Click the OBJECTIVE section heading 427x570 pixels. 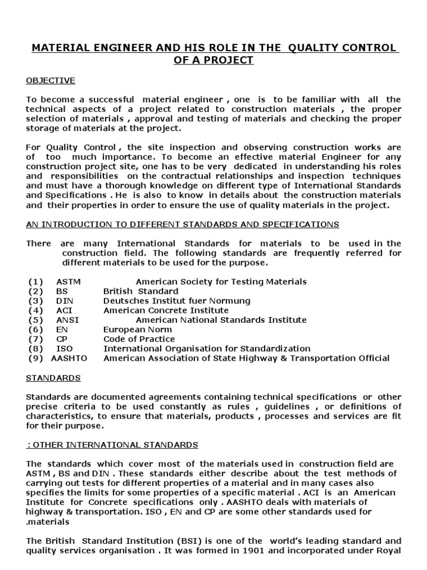(x=50, y=81)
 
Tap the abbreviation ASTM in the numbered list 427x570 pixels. (x=68, y=282)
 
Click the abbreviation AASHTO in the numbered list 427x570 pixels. (x=69, y=358)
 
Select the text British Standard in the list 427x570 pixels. (x=141, y=292)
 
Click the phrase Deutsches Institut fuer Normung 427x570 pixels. (x=177, y=301)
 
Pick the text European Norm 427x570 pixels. (x=137, y=330)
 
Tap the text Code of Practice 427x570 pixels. (x=139, y=339)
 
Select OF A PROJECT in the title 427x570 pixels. (x=213, y=60)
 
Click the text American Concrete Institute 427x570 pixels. (x=166, y=311)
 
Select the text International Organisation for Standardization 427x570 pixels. (x=207, y=348)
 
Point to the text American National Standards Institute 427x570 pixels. (x=221, y=320)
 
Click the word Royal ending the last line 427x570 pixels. (x=387, y=551)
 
